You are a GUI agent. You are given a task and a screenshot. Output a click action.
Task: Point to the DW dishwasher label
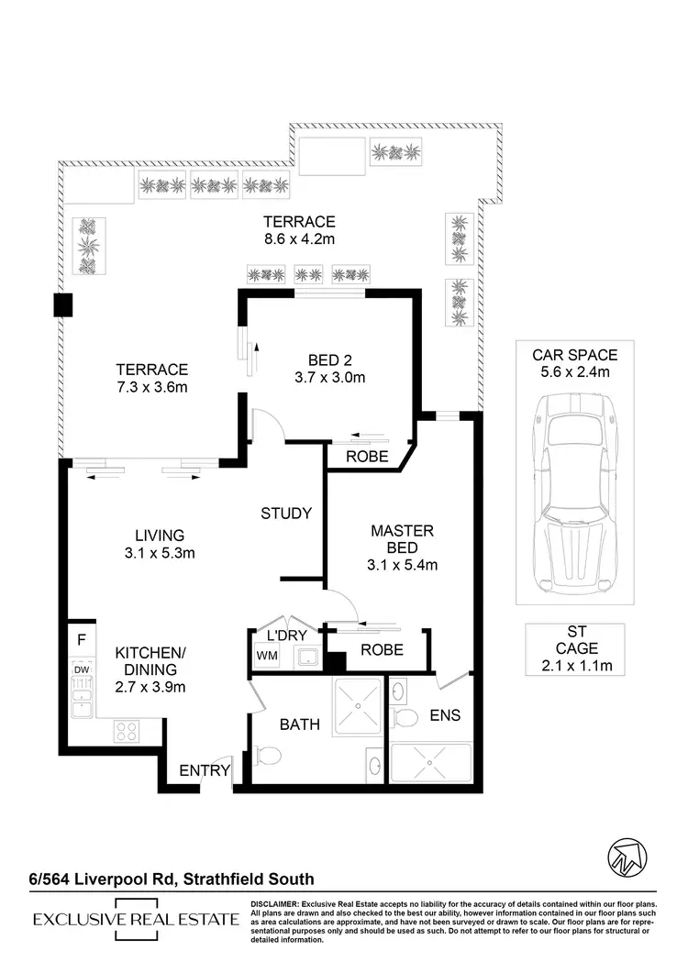click(x=82, y=670)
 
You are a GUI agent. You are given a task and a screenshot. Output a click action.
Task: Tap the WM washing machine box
click(x=268, y=656)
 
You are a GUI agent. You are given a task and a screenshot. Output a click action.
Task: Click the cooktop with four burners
click(x=126, y=731)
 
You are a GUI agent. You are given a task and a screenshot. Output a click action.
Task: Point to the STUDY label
click(x=286, y=514)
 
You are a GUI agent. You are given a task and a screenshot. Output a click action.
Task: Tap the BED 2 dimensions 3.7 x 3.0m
click(x=330, y=377)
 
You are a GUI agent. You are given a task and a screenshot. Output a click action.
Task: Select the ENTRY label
click(x=204, y=771)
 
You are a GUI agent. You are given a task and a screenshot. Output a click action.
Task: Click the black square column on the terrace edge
click(x=62, y=305)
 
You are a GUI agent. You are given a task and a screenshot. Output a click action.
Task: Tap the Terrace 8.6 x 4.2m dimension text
click(x=299, y=239)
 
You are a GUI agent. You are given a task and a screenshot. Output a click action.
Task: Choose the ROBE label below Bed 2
click(x=367, y=456)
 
